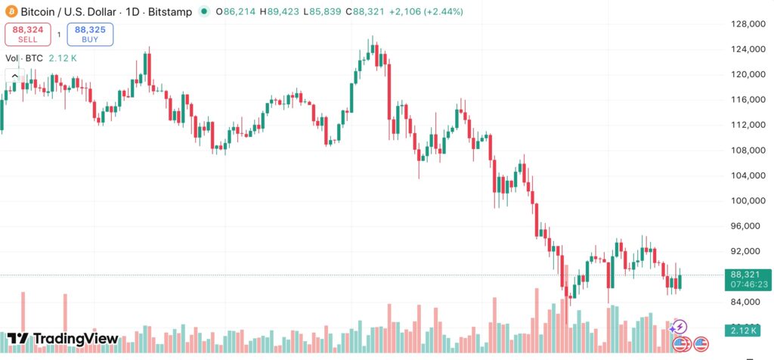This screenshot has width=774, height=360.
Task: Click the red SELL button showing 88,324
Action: (x=29, y=34)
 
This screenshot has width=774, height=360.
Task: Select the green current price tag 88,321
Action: (x=747, y=275)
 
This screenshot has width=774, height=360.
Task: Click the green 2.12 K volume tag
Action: (x=744, y=331)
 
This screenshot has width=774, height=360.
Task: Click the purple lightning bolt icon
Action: (x=679, y=327)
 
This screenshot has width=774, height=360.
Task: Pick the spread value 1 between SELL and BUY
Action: (x=59, y=34)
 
